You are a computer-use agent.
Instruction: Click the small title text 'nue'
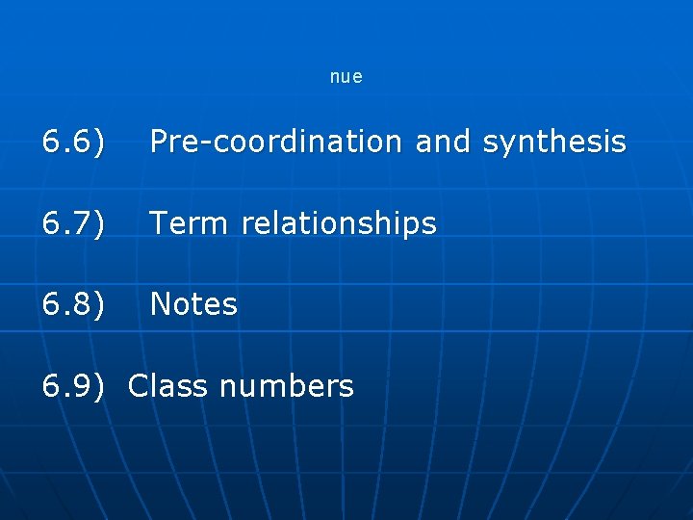pos(346,77)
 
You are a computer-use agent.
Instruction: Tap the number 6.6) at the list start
pos(73,143)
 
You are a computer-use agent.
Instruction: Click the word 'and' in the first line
pos(444,143)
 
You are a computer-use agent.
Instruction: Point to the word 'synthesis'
pos(554,143)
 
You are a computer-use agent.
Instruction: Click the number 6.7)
pos(73,223)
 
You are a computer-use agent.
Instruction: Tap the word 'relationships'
pos(339,223)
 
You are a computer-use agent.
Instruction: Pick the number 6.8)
pos(73,304)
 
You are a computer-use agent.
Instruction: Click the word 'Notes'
pos(193,304)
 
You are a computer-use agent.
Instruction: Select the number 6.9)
pos(73,386)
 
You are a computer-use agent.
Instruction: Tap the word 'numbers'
pos(287,386)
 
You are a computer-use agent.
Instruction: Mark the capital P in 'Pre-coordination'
pos(160,143)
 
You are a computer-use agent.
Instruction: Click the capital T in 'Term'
pos(160,223)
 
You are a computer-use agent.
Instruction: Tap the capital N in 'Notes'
pos(162,304)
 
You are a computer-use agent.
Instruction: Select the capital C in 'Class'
pos(139,386)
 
